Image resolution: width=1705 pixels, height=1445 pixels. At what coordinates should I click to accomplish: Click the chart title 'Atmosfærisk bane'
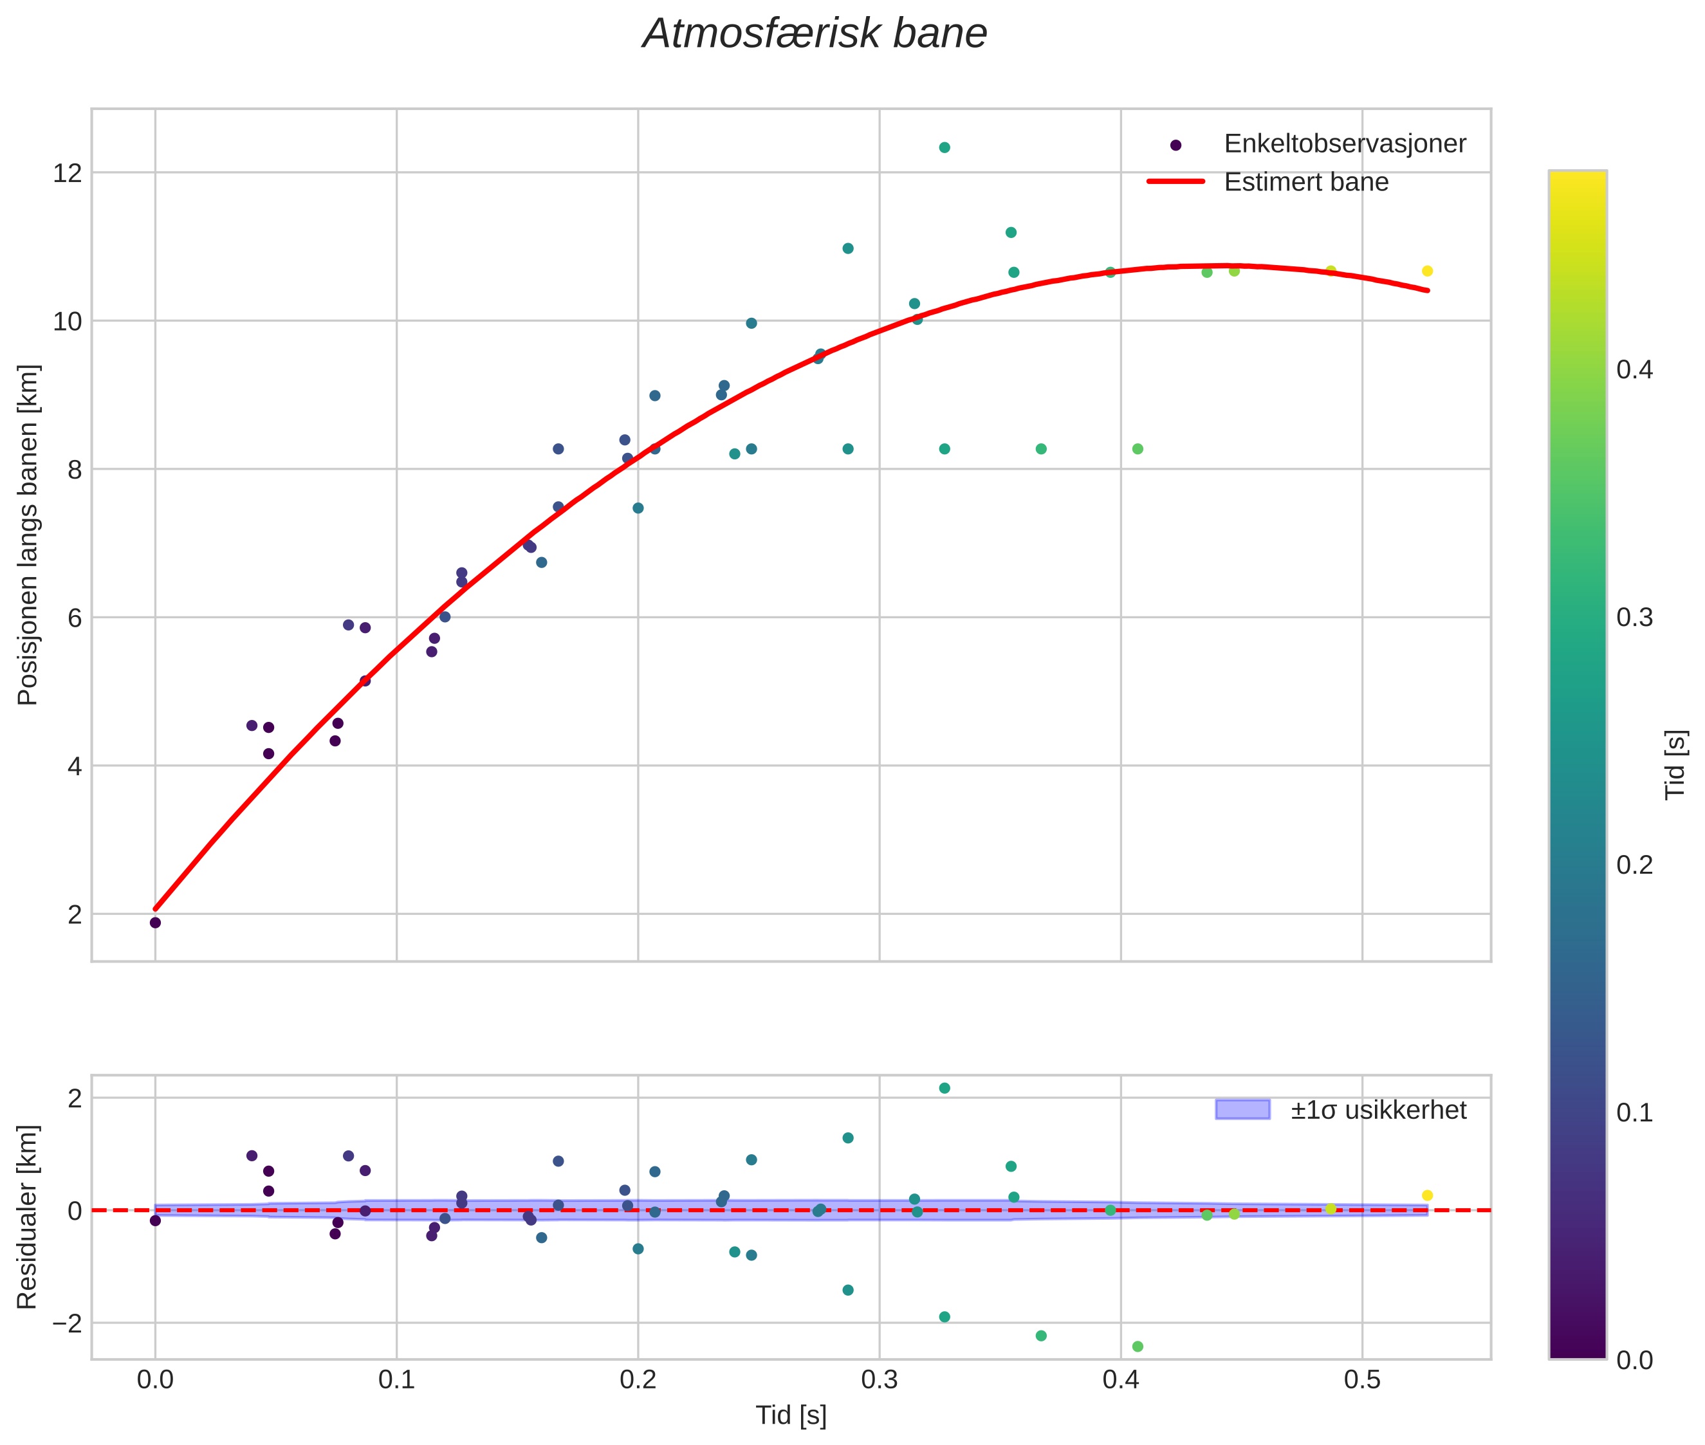tap(815, 34)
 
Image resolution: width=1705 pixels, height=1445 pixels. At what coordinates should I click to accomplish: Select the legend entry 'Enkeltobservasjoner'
tap(1343, 143)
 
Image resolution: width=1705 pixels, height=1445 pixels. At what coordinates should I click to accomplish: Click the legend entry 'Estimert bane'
tap(1305, 182)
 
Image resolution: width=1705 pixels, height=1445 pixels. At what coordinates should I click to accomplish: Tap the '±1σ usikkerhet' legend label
tap(1378, 1110)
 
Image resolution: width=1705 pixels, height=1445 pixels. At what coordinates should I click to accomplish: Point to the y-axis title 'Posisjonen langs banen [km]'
tap(28, 534)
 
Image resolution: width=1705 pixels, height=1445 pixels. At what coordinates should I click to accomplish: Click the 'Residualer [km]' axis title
tap(28, 1217)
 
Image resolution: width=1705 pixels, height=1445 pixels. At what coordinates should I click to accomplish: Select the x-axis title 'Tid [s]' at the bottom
tap(791, 1415)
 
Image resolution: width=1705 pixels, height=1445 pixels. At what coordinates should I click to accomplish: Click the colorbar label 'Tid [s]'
tap(1676, 764)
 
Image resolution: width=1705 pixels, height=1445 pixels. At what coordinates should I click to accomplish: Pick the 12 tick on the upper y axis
tap(68, 173)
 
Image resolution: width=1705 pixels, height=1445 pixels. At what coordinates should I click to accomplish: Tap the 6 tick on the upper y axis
tap(75, 618)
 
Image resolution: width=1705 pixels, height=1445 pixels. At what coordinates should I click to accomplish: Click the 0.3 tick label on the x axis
tap(879, 1379)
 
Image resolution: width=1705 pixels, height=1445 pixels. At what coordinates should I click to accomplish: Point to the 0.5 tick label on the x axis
tap(1361, 1379)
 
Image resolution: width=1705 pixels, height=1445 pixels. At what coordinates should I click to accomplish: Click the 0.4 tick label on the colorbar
tap(1634, 369)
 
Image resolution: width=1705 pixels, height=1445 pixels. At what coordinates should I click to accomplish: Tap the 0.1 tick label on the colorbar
tap(1634, 1112)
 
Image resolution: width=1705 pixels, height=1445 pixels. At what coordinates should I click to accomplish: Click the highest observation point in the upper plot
tap(944, 147)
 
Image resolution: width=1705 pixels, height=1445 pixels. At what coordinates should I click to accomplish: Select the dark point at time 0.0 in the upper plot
tap(155, 923)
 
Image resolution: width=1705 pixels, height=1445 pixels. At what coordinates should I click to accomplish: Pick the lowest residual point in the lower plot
tap(1138, 1347)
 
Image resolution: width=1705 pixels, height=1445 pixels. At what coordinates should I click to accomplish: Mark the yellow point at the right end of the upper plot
tap(1426, 271)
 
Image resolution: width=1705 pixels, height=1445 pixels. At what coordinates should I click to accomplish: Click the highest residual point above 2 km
tap(944, 1088)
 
